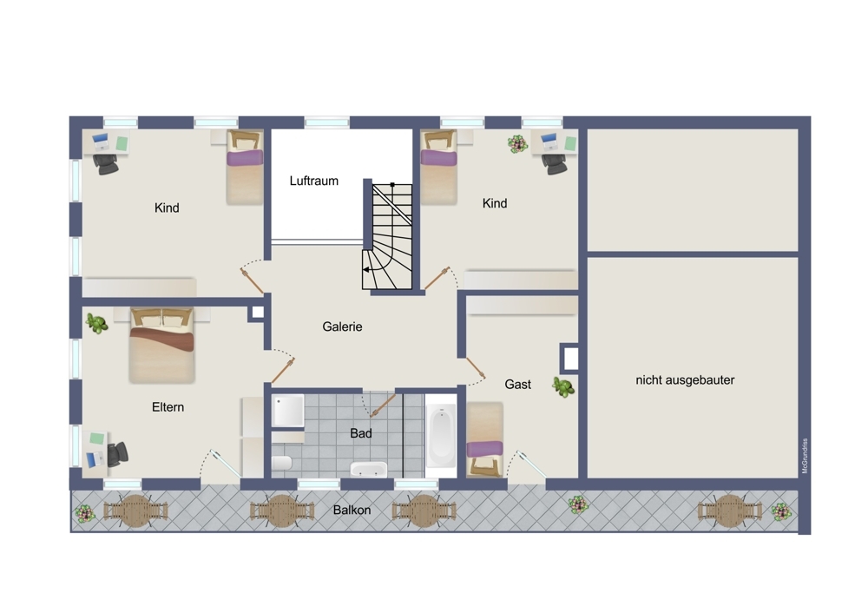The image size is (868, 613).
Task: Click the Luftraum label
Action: (314, 181)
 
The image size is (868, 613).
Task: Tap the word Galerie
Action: (342, 326)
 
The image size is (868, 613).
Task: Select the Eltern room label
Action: (168, 407)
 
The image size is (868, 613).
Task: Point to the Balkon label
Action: (352, 510)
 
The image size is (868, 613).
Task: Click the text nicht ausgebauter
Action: (685, 380)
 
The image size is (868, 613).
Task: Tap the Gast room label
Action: (517, 385)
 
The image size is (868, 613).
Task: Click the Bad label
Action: (361, 433)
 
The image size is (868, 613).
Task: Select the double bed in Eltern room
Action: (161, 346)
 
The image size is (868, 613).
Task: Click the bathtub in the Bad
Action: (441, 435)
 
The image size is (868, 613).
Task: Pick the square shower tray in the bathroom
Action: (288, 411)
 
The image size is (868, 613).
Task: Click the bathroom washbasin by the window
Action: (369, 469)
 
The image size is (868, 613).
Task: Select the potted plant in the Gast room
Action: (563, 386)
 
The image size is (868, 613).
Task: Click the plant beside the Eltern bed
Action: (97, 323)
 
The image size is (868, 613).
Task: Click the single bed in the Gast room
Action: (485, 439)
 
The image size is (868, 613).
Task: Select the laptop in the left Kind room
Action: (101, 142)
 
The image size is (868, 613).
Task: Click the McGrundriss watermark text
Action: (805, 456)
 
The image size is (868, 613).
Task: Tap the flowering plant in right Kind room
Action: (517, 144)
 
